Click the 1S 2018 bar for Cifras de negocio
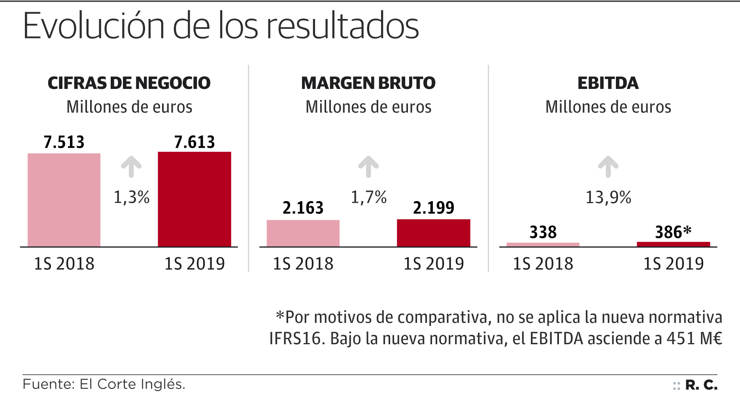(x=64, y=200)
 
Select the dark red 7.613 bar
(x=194, y=199)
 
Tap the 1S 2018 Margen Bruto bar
(x=303, y=233)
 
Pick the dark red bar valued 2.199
(x=434, y=233)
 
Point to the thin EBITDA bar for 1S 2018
(x=543, y=245)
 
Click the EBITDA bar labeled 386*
(x=673, y=244)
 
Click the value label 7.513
(x=64, y=142)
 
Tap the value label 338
(x=543, y=232)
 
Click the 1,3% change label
(x=132, y=197)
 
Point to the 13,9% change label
(x=608, y=197)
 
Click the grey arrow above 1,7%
(x=368, y=166)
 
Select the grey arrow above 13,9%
(x=608, y=166)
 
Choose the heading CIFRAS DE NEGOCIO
(x=129, y=83)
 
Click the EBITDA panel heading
(x=608, y=83)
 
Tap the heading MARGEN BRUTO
(x=368, y=83)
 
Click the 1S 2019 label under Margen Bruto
(x=434, y=264)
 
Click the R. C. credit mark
(x=701, y=385)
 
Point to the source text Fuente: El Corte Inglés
(x=104, y=384)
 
